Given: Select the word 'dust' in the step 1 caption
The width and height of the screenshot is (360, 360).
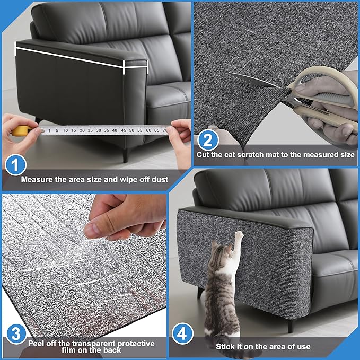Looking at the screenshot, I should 157,180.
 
